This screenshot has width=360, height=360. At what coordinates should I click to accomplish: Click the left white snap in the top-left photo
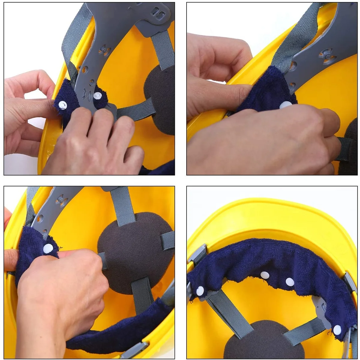[62, 105]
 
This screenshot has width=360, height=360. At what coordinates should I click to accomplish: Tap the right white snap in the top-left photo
[97, 96]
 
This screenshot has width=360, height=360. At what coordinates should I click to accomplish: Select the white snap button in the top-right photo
[285, 105]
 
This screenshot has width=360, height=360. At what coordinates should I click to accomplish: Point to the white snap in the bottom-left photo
[48, 248]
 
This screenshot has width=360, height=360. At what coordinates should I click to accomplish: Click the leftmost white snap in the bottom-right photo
[200, 290]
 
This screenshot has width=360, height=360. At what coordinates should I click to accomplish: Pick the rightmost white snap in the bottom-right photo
[337, 330]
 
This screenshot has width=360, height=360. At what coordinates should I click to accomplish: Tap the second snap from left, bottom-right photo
[264, 275]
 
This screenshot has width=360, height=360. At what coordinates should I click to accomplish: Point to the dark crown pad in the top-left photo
[160, 99]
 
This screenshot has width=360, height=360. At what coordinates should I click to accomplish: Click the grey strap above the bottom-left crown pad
[123, 205]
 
